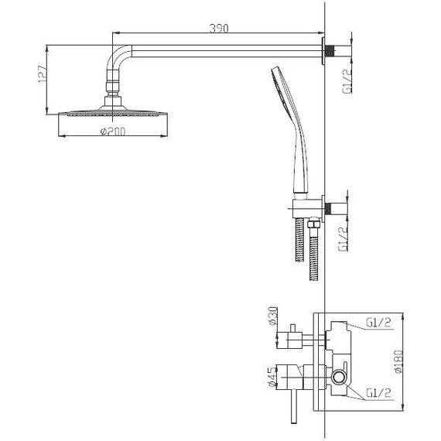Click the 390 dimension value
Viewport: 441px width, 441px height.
tap(219, 29)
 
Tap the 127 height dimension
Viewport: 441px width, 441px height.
tap(42, 74)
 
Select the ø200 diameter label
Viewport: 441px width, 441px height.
tap(113, 132)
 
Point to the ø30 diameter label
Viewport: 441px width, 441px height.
tap(273, 316)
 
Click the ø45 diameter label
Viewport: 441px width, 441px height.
tap(272, 377)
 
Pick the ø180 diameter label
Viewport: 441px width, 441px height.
tap(398, 361)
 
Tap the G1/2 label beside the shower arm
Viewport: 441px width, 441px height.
tap(347, 81)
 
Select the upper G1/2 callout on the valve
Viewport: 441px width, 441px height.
tap(378, 323)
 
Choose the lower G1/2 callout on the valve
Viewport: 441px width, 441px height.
tap(378, 393)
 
